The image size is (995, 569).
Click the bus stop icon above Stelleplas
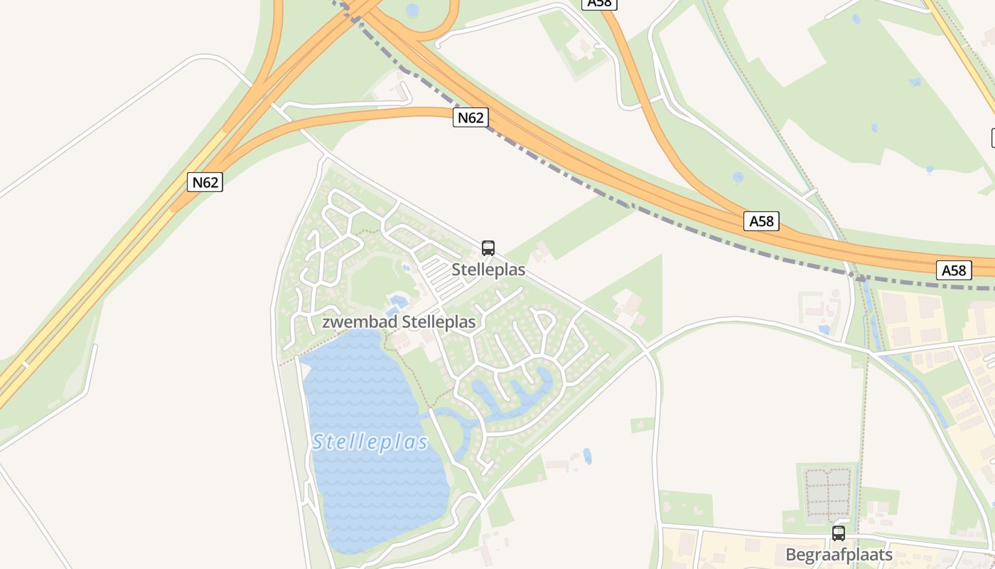coord(488,248)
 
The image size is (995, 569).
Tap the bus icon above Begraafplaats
coord(839,533)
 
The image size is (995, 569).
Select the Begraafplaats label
coord(839,554)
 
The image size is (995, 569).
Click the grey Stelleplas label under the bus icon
coord(488,270)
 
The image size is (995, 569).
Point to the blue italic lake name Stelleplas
coord(370,442)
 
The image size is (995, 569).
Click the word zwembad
coord(360,321)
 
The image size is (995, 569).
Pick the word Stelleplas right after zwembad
coord(439,321)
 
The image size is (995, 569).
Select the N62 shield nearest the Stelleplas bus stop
coord(470,117)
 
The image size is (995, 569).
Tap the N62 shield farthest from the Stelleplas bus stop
coord(205,182)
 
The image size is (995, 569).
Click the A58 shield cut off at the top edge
coord(599,4)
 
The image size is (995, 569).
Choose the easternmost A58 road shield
coord(954,270)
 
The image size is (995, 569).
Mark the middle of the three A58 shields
coord(761,221)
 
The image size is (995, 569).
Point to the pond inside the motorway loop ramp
coord(412,10)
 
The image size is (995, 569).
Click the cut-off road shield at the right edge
coord(992,137)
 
